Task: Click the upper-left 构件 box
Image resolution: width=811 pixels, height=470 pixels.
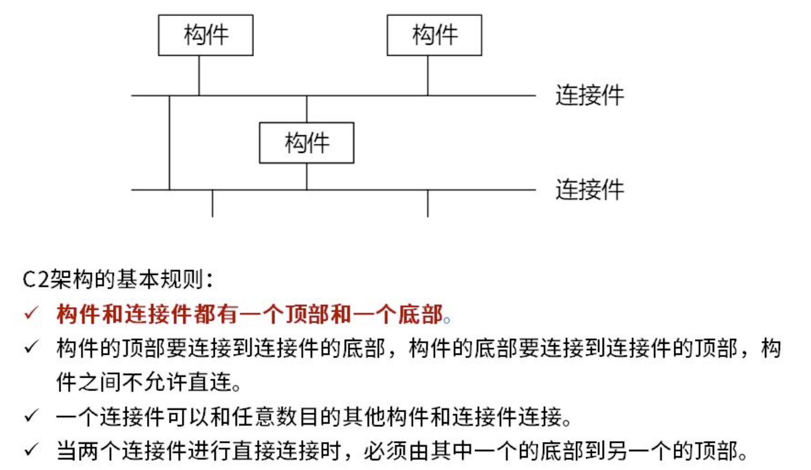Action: pos(206,35)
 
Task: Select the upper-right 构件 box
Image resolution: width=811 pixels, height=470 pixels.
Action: pos(434,35)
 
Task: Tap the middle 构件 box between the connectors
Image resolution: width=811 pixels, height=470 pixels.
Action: pos(306,143)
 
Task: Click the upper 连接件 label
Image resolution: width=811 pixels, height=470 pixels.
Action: pos(589,95)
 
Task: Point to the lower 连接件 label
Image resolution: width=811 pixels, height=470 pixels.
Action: pos(589,190)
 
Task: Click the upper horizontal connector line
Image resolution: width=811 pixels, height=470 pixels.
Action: pos(364,96)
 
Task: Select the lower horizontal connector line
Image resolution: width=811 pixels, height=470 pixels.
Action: pos(364,190)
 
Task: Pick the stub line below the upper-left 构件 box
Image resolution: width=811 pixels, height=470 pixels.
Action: pos(199,76)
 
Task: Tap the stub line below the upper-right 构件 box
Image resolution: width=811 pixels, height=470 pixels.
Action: pos(428,76)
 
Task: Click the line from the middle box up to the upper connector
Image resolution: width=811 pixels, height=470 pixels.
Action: pos(306,109)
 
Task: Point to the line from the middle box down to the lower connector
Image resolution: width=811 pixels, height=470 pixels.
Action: pos(306,176)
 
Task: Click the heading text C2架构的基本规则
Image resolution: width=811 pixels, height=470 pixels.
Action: pos(117,279)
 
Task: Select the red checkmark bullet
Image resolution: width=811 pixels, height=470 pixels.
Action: pos(32,313)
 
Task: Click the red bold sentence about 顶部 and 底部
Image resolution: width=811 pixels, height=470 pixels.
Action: pos(249,314)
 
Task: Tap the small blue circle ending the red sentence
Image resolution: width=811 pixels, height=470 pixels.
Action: pos(447,321)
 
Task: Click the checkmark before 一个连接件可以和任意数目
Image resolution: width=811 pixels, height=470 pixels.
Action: pos(32,415)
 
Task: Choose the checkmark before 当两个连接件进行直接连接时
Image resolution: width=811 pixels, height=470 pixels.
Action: pos(32,449)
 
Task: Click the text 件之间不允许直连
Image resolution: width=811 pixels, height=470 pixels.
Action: pos(148,382)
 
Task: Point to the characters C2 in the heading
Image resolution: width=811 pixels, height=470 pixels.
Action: pos(36,279)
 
